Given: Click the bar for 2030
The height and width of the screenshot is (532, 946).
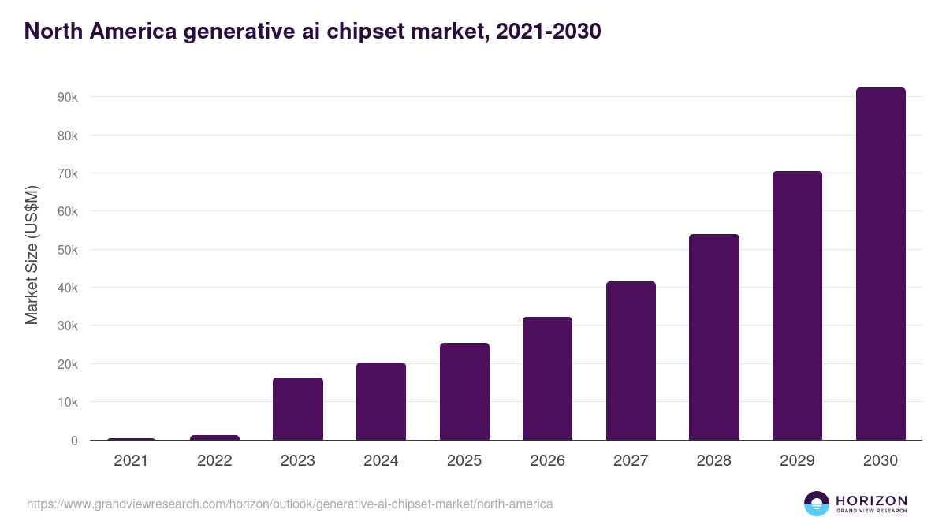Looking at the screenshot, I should [x=881, y=264].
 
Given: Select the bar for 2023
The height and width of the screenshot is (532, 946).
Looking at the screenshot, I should [x=297, y=409].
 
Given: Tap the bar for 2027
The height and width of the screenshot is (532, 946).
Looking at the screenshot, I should [x=631, y=361].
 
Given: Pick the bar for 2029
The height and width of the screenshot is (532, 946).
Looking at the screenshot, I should [x=797, y=306].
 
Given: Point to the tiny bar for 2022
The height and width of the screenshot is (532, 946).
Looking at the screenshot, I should [x=214, y=437].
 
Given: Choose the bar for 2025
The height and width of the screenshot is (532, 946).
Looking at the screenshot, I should [x=464, y=392].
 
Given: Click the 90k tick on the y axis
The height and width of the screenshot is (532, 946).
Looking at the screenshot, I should [x=67, y=97].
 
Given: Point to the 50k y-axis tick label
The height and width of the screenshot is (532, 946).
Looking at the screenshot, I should [x=67, y=250].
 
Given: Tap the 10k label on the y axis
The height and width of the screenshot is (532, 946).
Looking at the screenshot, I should [x=67, y=403].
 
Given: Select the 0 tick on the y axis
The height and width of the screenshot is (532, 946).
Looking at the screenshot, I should [x=73, y=441].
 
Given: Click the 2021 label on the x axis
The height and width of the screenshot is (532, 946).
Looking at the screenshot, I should [x=131, y=461].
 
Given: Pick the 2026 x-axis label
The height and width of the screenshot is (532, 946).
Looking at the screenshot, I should [x=547, y=461].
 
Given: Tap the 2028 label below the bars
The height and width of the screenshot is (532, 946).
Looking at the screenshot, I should [x=714, y=461].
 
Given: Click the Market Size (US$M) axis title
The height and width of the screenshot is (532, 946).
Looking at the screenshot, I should [x=32, y=255].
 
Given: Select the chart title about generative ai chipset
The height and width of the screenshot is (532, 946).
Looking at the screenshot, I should [x=313, y=31].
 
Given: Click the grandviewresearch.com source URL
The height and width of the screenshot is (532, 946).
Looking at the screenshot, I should [x=289, y=504].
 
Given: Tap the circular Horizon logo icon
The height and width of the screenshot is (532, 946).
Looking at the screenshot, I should [x=817, y=504].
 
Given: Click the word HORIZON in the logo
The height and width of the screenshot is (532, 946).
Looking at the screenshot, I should [x=871, y=500].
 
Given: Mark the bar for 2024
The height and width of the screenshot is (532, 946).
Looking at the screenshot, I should [x=381, y=401].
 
